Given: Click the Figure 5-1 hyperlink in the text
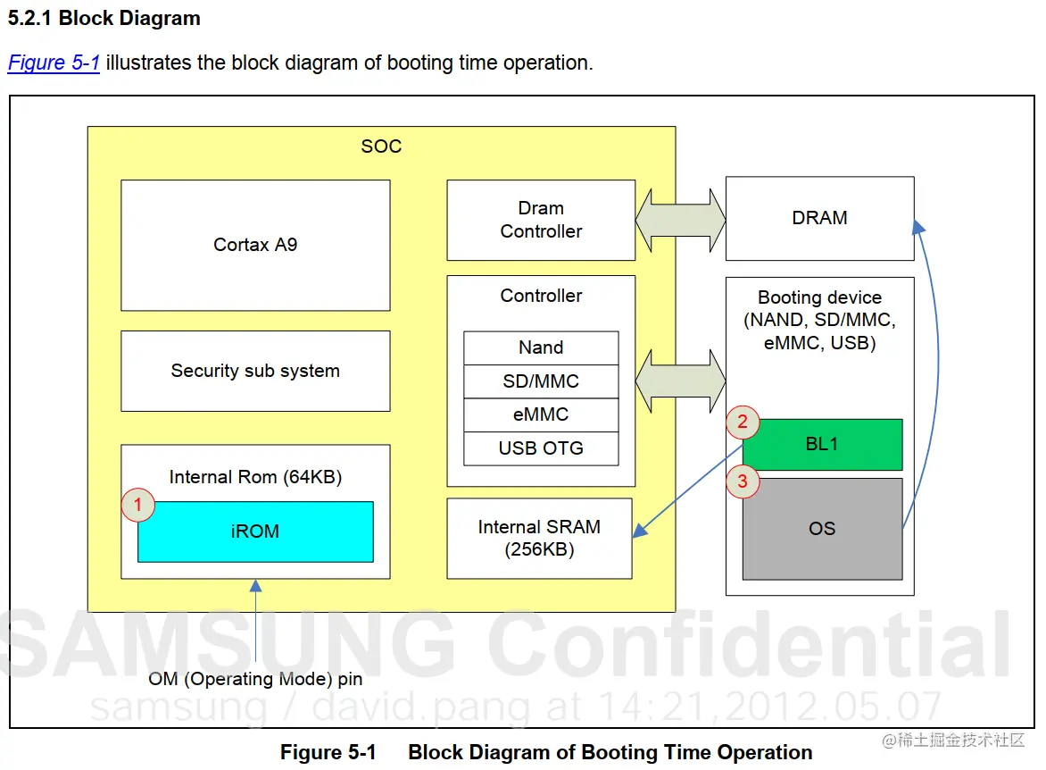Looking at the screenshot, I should pos(54,63).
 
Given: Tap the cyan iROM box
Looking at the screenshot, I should pos(255,531).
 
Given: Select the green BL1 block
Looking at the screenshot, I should pos(822,444).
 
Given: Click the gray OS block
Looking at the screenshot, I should pos(822,529).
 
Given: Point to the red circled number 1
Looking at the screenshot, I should pos(137,506).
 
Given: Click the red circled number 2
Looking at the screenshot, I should pos(743,423).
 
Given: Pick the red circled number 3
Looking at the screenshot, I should pos(743,483).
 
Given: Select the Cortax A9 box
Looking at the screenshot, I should pos(255,245).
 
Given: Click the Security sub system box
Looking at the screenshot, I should pos(255,371).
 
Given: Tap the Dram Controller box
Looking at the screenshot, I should pos(541,220).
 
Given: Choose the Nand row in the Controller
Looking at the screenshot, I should pos(541,347).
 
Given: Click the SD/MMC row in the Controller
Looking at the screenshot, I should pos(541,381).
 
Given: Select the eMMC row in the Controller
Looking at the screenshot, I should pos(541,414).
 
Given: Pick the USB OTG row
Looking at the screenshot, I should pos(541,448).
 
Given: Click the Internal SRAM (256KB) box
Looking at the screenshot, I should pos(539,538).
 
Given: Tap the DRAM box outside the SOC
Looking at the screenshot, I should pos(819,218).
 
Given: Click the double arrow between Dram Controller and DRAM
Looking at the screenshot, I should pos(680,219).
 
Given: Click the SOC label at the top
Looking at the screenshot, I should pos(381,146).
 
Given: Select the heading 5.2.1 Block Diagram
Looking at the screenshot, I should pos(104,18).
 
